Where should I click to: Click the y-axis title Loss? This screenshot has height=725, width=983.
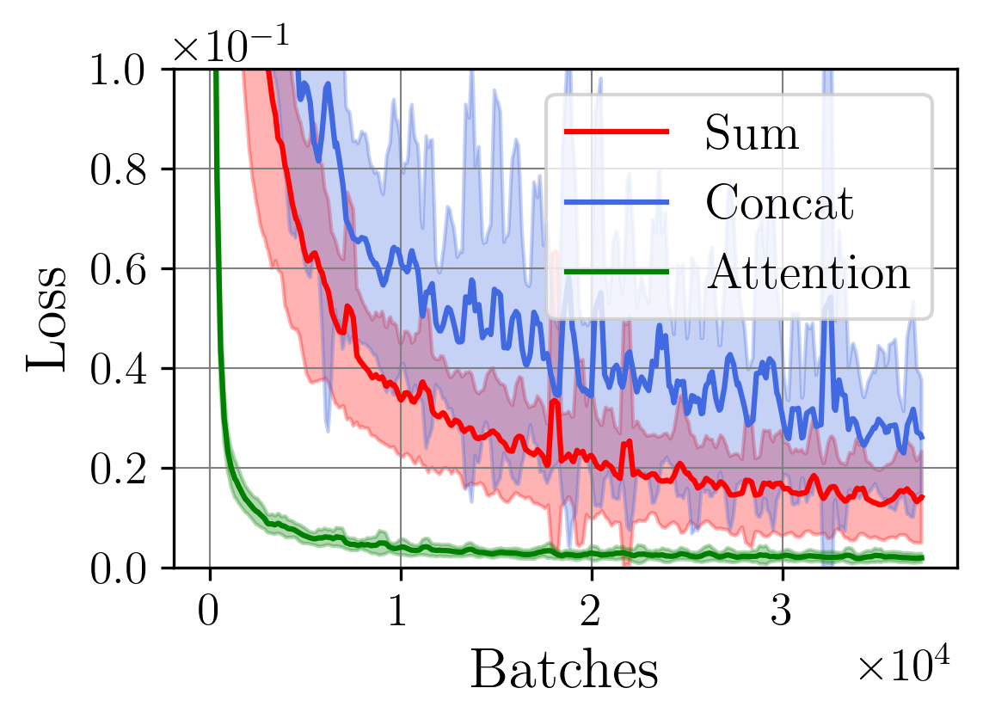click(x=48, y=318)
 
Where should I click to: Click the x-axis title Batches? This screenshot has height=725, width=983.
click(x=564, y=671)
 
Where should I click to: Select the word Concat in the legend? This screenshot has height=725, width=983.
click(x=779, y=203)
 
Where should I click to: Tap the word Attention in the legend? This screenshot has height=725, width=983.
click(x=808, y=273)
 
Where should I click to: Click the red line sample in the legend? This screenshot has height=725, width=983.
click(x=616, y=132)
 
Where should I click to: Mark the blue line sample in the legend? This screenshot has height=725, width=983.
click(x=616, y=201)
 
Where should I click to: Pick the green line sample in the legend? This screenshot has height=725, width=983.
click(x=616, y=271)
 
